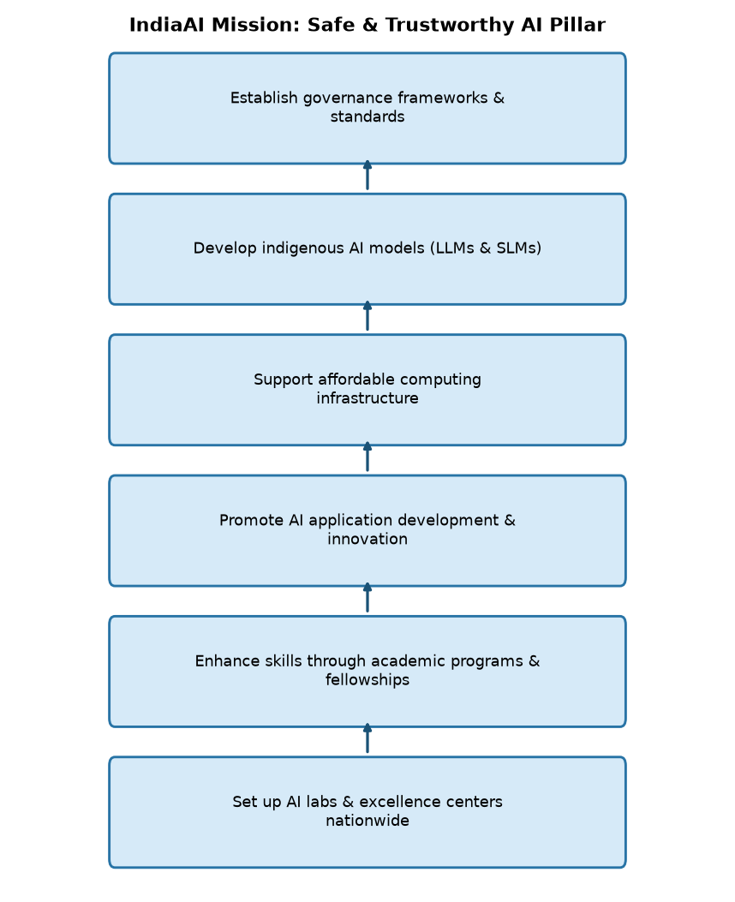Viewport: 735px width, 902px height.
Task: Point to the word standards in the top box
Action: point(367,116)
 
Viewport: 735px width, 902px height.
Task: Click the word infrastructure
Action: point(367,398)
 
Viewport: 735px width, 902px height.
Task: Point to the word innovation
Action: point(367,539)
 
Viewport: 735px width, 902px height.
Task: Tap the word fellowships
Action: point(367,680)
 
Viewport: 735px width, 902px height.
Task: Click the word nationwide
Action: point(367,821)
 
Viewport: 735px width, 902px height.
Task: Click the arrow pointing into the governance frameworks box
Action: point(367,175)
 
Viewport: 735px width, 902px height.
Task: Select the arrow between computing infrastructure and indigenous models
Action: point(367,316)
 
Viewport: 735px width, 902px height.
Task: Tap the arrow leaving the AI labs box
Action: point(367,738)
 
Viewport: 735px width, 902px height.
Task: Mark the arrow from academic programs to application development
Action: point(367,598)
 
